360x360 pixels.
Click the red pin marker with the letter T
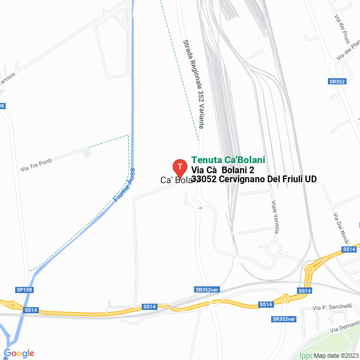[179, 167]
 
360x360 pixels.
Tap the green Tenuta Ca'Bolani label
[228, 160]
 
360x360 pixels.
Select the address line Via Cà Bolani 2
[223, 170]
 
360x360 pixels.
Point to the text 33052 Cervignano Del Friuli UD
[254, 179]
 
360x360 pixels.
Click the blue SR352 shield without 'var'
[337, 82]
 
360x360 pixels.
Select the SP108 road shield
[25, 290]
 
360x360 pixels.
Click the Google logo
[19, 353]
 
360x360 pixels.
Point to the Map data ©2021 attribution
[335, 355]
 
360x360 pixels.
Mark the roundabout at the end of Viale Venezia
[276, 249]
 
